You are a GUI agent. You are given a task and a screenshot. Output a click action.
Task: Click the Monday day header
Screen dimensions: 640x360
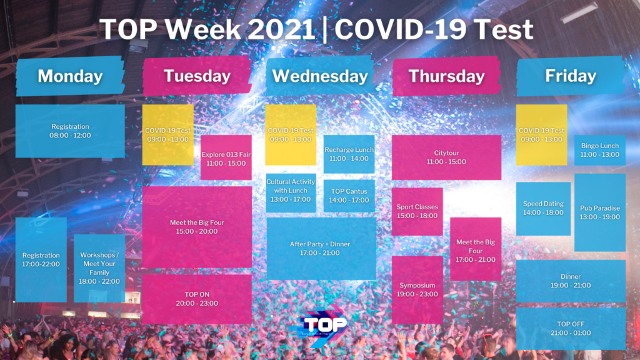tap(70, 76)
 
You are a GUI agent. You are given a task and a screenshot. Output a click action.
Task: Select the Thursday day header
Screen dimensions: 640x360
tap(446, 76)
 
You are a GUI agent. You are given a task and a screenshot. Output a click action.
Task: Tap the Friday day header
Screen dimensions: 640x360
tap(571, 76)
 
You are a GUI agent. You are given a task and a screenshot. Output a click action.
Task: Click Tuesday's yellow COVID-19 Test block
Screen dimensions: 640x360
tap(167, 135)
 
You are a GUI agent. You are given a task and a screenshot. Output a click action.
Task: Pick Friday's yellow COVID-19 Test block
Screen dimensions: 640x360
tap(542, 135)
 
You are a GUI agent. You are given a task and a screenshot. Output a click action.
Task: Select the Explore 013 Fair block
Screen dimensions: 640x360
tap(226, 157)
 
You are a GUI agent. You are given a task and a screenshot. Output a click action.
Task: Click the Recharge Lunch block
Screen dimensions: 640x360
tap(349, 154)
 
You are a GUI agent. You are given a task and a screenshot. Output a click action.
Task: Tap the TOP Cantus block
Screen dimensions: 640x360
tap(349, 196)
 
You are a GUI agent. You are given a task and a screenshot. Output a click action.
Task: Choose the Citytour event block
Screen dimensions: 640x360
tap(446, 157)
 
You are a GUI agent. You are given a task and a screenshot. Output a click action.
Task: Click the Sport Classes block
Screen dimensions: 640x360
tap(417, 211)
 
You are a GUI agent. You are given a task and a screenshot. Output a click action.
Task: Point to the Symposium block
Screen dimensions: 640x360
tap(417, 290)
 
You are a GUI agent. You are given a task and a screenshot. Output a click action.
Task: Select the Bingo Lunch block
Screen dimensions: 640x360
tap(600, 150)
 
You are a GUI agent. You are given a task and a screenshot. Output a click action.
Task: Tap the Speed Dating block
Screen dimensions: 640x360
tap(543, 209)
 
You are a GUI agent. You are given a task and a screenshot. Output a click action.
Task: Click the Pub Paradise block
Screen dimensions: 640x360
tap(600, 212)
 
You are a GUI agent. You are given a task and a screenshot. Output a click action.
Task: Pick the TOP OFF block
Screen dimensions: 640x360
tap(571, 329)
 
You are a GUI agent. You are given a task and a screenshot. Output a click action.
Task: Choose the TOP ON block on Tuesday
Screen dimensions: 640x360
tap(197, 299)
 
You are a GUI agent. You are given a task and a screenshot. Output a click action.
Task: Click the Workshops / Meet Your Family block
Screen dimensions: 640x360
tap(99, 268)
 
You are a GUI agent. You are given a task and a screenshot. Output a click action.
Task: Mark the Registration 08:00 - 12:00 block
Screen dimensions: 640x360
tap(70, 131)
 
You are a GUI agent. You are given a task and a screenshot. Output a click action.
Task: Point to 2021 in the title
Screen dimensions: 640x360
tap(282, 29)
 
